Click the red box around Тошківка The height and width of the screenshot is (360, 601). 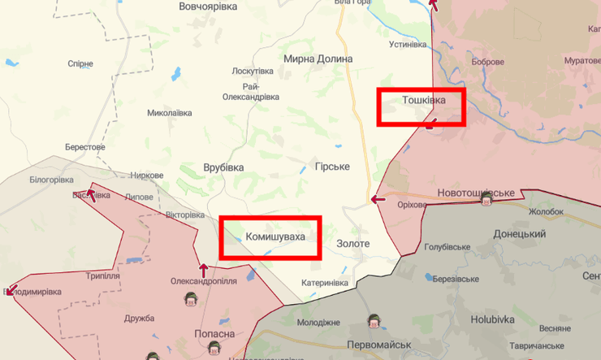[x=421, y=107]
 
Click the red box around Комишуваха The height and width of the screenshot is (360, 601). [x=270, y=237]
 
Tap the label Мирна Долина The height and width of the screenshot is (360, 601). [x=318, y=59]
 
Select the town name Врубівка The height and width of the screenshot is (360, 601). [x=223, y=167]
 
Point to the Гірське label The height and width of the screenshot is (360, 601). [x=332, y=167]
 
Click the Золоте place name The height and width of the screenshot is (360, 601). [x=352, y=243]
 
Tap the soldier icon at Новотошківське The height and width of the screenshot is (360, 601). [x=486, y=200]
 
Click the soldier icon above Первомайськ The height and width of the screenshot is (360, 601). [x=374, y=320]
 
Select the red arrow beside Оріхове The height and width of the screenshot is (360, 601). [x=377, y=199]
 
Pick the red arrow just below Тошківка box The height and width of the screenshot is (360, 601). [x=430, y=124]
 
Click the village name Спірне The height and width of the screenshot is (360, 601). [x=80, y=63]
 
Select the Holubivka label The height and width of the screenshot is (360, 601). [x=492, y=319]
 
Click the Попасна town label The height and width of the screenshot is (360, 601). [x=214, y=334]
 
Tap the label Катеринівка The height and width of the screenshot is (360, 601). [x=325, y=283]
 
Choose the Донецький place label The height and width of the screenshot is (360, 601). [x=519, y=234]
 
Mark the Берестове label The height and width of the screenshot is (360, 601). [x=86, y=147]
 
